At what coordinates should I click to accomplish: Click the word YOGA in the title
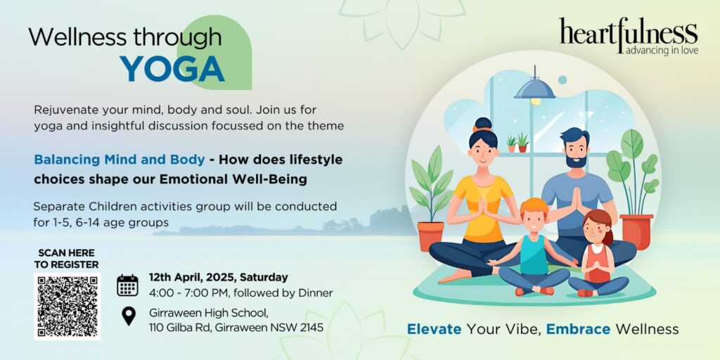click(x=172, y=70)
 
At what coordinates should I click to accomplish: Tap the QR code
click(x=67, y=307)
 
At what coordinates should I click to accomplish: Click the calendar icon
click(x=127, y=285)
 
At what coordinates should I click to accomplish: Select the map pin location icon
click(x=129, y=316)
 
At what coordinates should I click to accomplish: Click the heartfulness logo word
click(x=628, y=32)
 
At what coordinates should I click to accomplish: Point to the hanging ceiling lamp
click(x=534, y=87)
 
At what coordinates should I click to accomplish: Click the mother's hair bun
click(x=483, y=124)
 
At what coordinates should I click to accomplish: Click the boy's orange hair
click(x=534, y=207)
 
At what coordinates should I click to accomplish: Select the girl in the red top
click(x=598, y=255)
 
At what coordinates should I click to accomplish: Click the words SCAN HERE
click(x=67, y=253)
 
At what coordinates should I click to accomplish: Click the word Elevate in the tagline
click(x=435, y=329)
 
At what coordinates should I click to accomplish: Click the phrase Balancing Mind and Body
click(x=120, y=160)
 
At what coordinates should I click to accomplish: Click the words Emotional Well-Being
click(x=233, y=179)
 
